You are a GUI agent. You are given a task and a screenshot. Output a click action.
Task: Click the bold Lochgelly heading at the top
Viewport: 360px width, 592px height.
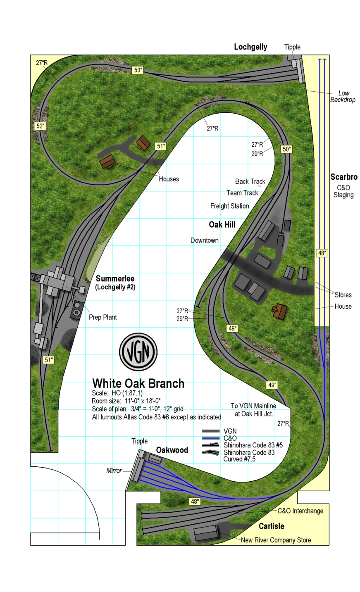coord(250,47)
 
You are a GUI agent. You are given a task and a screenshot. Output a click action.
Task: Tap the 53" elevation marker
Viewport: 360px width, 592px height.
coord(138,70)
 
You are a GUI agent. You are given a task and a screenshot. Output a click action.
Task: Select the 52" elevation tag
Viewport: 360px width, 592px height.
coord(40,126)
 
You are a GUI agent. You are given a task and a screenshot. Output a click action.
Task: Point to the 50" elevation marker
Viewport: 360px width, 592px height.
coord(286,149)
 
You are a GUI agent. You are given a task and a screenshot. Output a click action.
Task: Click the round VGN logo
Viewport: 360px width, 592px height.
coord(138,352)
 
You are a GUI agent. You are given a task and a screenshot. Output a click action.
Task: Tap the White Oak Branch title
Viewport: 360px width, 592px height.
coord(138,383)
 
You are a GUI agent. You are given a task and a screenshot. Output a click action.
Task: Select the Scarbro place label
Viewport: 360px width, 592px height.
coord(343,177)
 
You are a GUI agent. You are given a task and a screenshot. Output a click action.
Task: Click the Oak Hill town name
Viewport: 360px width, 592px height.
coord(222,225)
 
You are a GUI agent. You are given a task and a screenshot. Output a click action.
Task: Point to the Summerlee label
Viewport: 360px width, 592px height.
coord(115,279)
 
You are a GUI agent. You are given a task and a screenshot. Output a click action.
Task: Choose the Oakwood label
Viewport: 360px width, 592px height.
coord(172,450)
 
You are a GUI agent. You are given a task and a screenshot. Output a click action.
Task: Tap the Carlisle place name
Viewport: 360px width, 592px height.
coord(272,526)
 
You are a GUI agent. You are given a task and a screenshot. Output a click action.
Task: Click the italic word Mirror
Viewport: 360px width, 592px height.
coord(114,471)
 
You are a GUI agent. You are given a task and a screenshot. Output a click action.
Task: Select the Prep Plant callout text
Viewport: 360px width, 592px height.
coord(103,317)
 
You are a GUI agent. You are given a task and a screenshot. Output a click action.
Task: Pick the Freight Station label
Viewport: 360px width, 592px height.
coord(229,206)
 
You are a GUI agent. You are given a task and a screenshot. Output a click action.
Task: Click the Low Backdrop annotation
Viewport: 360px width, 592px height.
coord(343,96)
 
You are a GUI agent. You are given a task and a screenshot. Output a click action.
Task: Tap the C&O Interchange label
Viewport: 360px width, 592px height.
coord(300,511)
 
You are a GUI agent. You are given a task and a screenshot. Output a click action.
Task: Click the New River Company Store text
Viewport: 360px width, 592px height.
coord(276,540)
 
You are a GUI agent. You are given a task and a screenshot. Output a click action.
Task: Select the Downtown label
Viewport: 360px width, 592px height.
coord(205,240)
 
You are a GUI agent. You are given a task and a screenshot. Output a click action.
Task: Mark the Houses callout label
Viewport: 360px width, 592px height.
coord(169,179)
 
